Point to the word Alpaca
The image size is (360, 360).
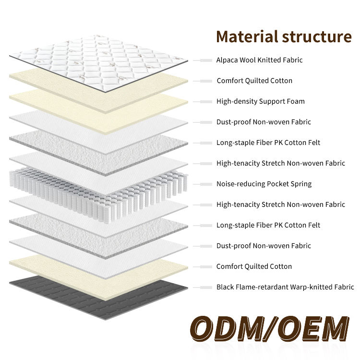[x=227, y=60]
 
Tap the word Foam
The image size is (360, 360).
[x=295, y=101]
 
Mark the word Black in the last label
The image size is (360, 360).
[x=225, y=287]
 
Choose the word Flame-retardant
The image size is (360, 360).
[x=261, y=287]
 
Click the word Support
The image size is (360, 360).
[x=272, y=101]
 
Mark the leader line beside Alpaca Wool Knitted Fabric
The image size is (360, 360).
[x=203, y=60]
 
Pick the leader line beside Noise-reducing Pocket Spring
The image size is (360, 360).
[x=203, y=184]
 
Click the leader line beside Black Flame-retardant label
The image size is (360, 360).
[x=203, y=287]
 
